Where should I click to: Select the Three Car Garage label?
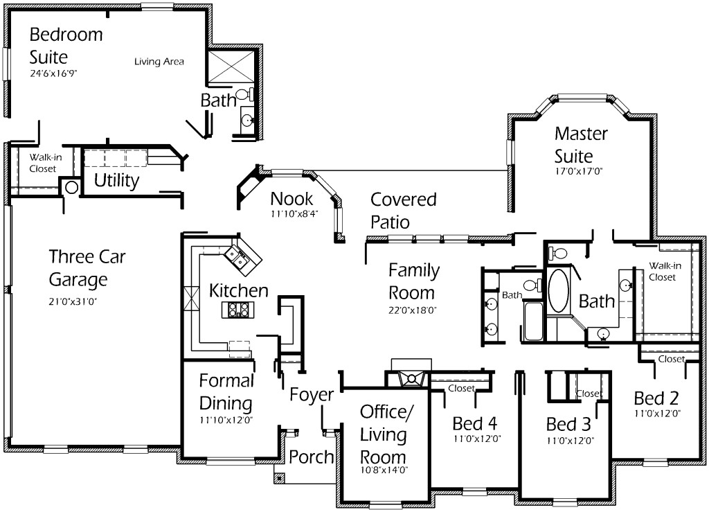78,268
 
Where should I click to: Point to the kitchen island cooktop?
237,310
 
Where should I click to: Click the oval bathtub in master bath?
557,290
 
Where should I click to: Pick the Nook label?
291,199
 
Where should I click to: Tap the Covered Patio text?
404,211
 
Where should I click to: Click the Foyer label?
311,395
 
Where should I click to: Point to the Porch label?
311,457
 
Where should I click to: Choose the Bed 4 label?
475,423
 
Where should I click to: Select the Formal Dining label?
226,391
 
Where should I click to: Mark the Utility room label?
116,182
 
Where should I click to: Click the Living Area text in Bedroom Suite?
159,62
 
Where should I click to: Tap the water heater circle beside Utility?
71,187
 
